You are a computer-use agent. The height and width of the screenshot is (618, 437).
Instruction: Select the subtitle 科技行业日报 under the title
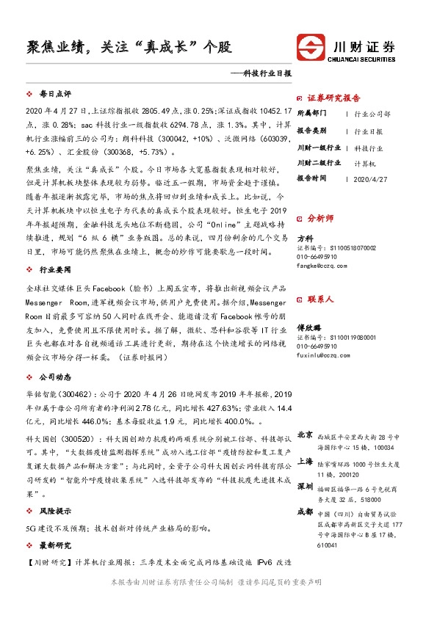(x=263, y=73)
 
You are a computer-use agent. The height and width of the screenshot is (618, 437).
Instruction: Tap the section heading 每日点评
(x=54, y=95)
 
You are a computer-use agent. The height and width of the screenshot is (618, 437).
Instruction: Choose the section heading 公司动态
(x=54, y=378)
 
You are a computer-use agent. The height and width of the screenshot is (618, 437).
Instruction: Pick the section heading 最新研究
(x=54, y=546)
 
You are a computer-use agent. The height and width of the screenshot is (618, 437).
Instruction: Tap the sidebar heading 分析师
(x=320, y=218)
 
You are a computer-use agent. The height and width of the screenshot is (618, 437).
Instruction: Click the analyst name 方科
(x=304, y=239)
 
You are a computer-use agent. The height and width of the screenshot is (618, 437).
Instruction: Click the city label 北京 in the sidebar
(x=306, y=435)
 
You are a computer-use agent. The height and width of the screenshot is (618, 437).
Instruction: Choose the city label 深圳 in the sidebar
(x=306, y=487)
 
